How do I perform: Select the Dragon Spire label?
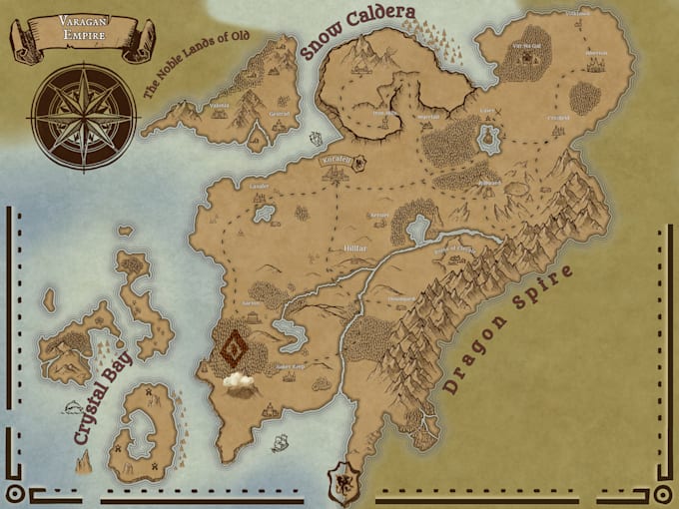[x=508, y=328]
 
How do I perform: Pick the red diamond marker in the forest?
[x=236, y=348]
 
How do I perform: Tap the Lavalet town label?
[x=259, y=187]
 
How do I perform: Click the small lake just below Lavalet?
[x=264, y=213]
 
